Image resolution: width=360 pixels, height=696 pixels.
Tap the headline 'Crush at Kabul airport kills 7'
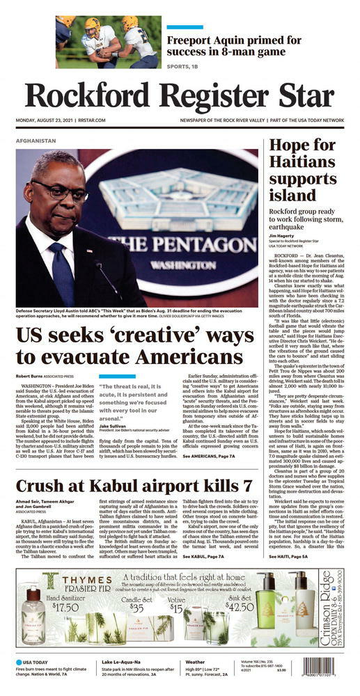[134, 487]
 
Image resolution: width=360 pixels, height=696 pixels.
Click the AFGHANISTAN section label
[36, 141]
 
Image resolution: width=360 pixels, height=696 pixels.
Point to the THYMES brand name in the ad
[86, 580]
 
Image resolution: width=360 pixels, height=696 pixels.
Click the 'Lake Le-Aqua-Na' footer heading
[124, 662]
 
